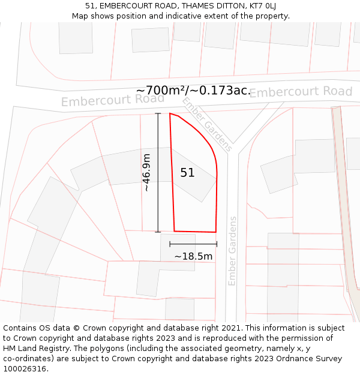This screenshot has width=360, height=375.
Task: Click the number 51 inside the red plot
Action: (188, 173)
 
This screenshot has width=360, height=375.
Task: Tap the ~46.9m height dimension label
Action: (146, 173)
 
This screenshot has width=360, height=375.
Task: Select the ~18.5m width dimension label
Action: (193, 256)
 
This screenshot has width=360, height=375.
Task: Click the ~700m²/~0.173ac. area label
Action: (193, 91)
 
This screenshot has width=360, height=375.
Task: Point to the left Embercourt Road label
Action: (104, 100)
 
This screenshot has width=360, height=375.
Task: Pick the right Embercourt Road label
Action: (301, 92)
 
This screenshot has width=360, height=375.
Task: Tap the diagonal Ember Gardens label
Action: (208, 124)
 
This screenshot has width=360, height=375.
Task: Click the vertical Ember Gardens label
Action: (233, 251)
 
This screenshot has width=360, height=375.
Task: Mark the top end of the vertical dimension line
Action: (158, 113)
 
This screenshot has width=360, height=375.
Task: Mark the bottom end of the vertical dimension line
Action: (158, 232)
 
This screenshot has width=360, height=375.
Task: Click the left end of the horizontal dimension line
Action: (170, 244)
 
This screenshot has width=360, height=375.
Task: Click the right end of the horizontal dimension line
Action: (217, 244)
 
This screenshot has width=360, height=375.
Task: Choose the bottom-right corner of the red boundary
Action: (215, 232)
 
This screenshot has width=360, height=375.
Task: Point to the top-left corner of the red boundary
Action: (170, 113)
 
